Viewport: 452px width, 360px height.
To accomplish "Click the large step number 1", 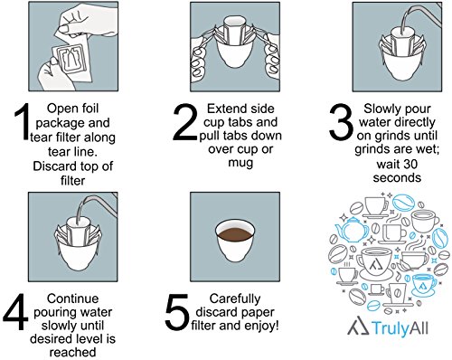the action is (x=22, y=122).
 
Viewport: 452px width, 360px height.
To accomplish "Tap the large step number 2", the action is (x=185, y=122).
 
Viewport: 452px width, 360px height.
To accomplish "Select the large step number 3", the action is (x=341, y=122).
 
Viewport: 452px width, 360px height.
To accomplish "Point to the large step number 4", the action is (x=15, y=312).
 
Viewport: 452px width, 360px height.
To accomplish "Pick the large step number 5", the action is (x=178, y=312).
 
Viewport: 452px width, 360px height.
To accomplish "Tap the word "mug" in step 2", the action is (x=240, y=163).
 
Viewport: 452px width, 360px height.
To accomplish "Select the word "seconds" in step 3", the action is (x=397, y=177).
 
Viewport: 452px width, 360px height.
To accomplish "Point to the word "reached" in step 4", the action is (x=72, y=352).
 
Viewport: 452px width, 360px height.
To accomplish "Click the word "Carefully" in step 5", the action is (x=235, y=298).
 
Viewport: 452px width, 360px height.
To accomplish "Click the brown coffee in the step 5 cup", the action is (x=235, y=233).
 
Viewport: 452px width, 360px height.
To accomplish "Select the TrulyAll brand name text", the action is (x=400, y=328).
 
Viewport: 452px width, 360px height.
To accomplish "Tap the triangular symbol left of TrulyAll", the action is (x=359, y=327).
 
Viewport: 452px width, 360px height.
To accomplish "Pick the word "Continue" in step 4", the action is (x=72, y=298).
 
